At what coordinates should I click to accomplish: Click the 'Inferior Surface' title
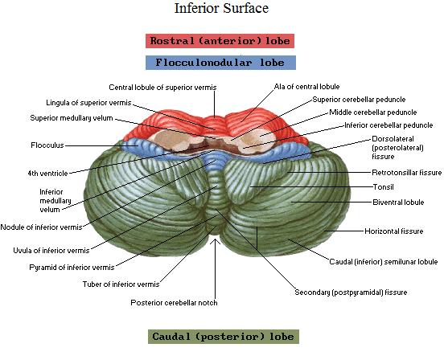coord(221,8)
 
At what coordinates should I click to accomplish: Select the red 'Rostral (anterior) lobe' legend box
coord(220,41)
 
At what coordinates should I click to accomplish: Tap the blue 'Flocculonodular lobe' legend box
coord(220,63)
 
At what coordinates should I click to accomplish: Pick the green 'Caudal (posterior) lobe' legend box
coord(224,337)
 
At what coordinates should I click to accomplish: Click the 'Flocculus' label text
coord(47,145)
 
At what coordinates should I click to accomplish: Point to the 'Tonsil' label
coord(383,187)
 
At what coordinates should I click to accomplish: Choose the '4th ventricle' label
coord(47,173)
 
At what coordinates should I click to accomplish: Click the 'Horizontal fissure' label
coord(393,231)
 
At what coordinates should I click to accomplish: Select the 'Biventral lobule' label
coord(398,202)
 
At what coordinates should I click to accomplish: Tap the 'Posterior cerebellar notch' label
coord(174,303)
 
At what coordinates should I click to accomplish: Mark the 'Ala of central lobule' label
coord(306,87)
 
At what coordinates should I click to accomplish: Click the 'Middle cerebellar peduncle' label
coord(373,112)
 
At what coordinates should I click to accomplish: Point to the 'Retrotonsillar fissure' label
coord(407,173)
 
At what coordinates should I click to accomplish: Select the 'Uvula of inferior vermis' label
coord(51,250)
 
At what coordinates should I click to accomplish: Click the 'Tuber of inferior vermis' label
coord(121,284)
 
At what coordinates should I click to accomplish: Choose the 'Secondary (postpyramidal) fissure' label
coord(351,292)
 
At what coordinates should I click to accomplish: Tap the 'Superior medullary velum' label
coord(72,118)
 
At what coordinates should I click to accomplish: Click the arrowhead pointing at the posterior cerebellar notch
coord(216,242)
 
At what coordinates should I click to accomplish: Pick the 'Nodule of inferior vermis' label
coord(41,227)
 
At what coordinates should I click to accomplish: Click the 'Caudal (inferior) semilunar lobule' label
coord(384,262)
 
